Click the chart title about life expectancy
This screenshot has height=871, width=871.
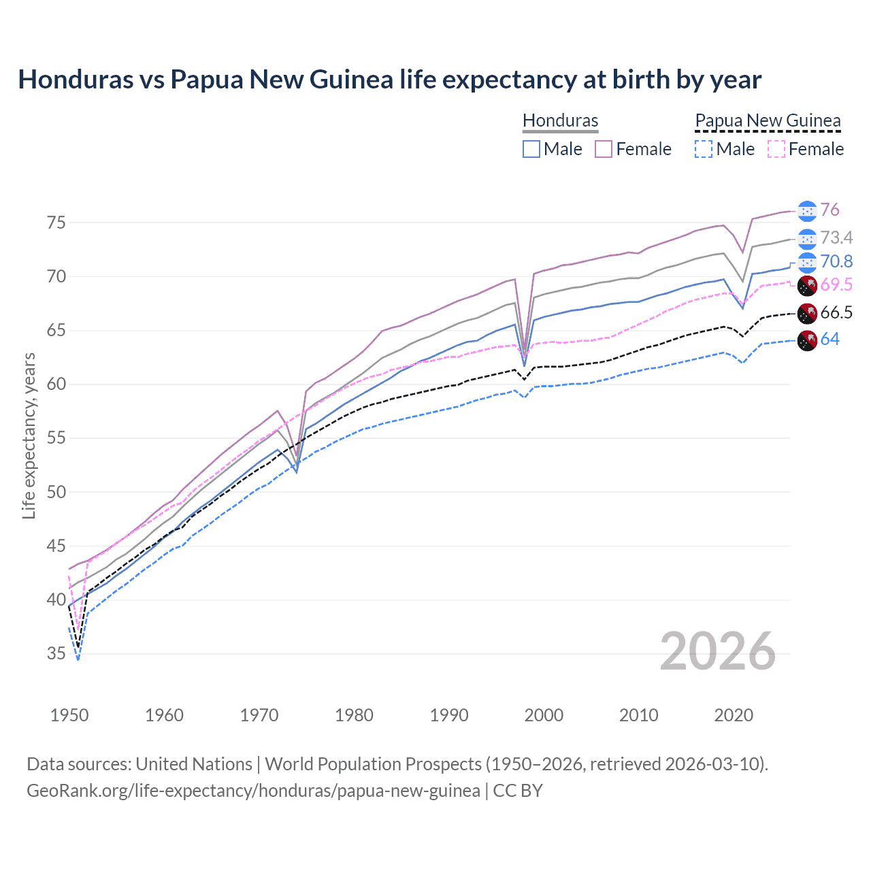tap(389, 80)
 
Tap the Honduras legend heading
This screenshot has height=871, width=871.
tap(560, 120)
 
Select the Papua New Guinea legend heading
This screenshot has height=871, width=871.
tap(768, 120)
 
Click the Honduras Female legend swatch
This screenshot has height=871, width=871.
tap(604, 149)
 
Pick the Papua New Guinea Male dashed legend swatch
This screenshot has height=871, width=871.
tap(704, 149)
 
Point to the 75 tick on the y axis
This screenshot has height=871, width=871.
tap(56, 223)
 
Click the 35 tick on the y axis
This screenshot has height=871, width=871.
tap(56, 654)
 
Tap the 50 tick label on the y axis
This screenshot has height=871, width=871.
tap(56, 492)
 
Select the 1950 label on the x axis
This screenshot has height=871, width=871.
tap(69, 715)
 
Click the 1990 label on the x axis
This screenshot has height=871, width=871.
tap(449, 715)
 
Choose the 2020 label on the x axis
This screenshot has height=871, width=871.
tap(733, 715)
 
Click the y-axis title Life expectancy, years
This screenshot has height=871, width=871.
tap(29, 435)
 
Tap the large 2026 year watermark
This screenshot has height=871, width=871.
tap(717, 651)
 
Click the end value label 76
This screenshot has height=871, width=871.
tap(829, 210)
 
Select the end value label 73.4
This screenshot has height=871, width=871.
tap(836, 237)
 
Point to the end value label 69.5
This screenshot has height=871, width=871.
tap(836, 284)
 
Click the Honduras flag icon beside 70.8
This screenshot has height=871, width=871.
tap(807, 262)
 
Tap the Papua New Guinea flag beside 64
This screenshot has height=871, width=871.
tap(807, 340)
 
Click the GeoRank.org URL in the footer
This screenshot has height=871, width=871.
tap(253, 791)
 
